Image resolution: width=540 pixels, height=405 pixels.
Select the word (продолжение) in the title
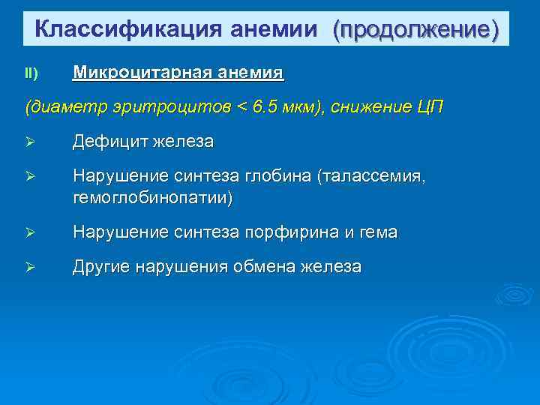point(415,29)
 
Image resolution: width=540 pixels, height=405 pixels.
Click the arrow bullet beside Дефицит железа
point(31,142)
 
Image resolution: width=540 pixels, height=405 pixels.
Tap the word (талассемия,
point(371,176)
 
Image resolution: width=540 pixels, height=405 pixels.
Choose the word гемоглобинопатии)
point(152,197)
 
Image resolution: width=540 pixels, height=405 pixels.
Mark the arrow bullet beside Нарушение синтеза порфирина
point(31,234)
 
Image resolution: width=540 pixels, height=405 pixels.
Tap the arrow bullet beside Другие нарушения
point(31,268)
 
